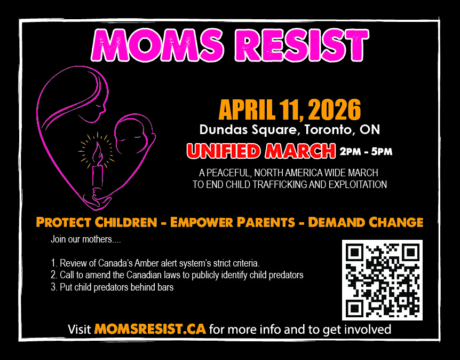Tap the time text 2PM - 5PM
[366, 152]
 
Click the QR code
[382, 280]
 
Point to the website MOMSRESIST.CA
[150, 329]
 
